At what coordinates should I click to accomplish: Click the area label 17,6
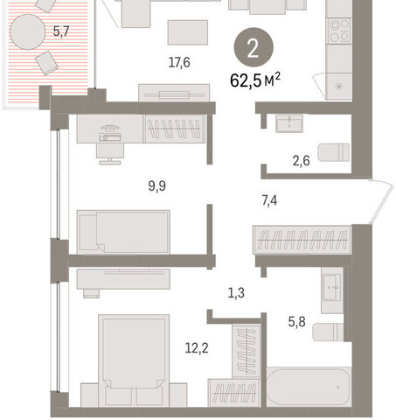pyautogui.click(x=179, y=63)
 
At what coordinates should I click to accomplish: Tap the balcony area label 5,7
pyautogui.click(x=61, y=31)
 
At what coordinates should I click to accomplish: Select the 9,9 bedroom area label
pyautogui.click(x=157, y=186)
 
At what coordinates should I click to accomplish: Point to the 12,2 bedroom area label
pyautogui.click(x=197, y=348)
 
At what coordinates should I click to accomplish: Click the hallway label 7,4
pyautogui.click(x=269, y=200)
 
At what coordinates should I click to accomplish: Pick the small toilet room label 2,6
pyautogui.click(x=301, y=161)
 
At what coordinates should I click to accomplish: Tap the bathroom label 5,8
pyautogui.click(x=297, y=322)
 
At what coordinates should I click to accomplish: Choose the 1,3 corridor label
pyautogui.click(x=236, y=293)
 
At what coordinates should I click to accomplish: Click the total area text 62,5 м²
pyautogui.click(x=255, y=80)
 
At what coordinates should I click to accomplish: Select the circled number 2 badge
pyautogui.click(x=254, y=47)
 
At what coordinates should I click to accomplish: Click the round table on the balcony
pyautogui.click(x=28, y=31)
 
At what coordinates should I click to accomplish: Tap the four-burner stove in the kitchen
pyautogui.click(x=339, y=31)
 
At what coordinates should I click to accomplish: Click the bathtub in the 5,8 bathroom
pyautogui.click(x=309, y=387)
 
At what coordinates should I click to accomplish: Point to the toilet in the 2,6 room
pyautogui.click(x=334, y=152)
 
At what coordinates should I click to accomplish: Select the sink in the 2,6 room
pyautogui.click(x=289, y=123)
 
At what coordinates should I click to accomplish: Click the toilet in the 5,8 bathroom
pyautogui.click(x=328, y=332)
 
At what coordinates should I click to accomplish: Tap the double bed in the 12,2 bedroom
pyautogui.click(x=134, y=360)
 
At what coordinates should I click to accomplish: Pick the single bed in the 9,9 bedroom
pyautogui.click(x=123, y=232)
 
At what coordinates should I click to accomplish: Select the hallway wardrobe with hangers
pyautogui.click(x=302, y=240)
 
